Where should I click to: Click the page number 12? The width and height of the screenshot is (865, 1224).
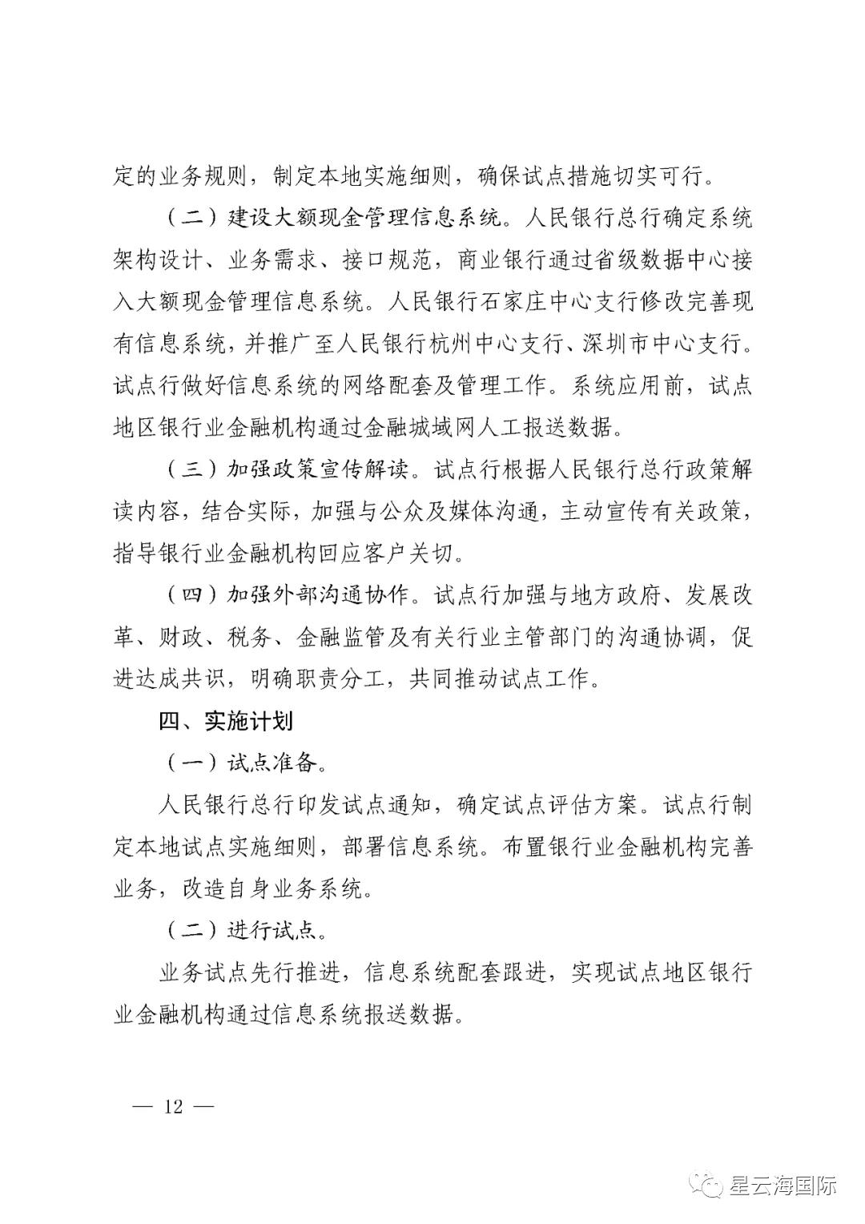pos(174,1106)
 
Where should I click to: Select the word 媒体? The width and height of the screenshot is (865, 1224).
pos(457,512)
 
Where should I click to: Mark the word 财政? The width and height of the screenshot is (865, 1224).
pos(181,637)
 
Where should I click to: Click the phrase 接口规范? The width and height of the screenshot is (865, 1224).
pos(388,261)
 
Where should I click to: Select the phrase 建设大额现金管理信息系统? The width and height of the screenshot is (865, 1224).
pos(363,219)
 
